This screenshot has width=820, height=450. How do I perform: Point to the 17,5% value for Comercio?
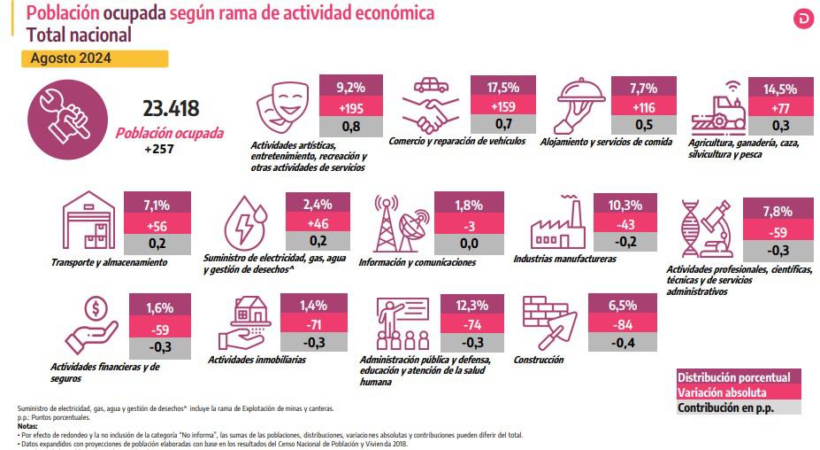504,88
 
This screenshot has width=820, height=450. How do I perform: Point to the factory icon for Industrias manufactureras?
557,225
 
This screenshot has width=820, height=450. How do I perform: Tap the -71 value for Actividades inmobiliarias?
314,322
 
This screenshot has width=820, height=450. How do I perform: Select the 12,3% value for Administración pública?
470,305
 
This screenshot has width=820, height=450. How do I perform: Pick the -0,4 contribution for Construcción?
617,341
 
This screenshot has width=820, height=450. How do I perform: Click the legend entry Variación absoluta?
721,392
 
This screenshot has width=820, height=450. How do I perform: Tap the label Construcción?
538,361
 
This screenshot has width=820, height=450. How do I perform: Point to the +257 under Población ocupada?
160,149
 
